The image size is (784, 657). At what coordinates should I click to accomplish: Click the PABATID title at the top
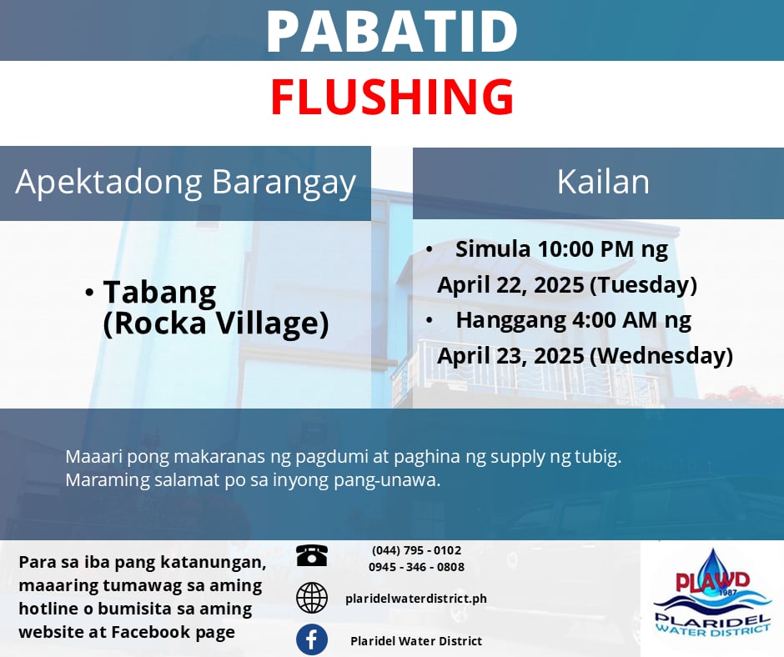point(392,31)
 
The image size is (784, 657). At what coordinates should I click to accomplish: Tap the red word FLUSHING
point(392,97)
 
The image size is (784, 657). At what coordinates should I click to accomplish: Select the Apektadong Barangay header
point(185,183)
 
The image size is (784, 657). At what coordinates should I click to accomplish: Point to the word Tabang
point(159,293)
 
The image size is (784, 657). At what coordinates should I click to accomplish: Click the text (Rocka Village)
point(215,323)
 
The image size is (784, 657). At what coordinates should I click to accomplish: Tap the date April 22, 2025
point(510,285)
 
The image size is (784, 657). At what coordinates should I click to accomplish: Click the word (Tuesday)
point(644,285)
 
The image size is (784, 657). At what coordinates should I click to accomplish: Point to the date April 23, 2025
point(510,356)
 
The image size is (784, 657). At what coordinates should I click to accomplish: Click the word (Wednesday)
point(661,356)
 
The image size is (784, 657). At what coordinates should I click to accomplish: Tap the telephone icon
point(311,555)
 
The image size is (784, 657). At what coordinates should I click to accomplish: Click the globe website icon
point(311,598)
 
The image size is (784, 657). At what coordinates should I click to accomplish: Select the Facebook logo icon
point(311,639)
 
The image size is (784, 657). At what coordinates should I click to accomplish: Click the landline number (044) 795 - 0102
point(416,550)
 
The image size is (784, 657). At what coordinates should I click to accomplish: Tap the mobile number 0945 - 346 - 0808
point(416,567)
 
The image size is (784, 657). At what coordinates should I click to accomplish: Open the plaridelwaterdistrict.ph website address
point(416,599)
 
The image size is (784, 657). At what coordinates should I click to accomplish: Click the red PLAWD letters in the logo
point(712,581)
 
